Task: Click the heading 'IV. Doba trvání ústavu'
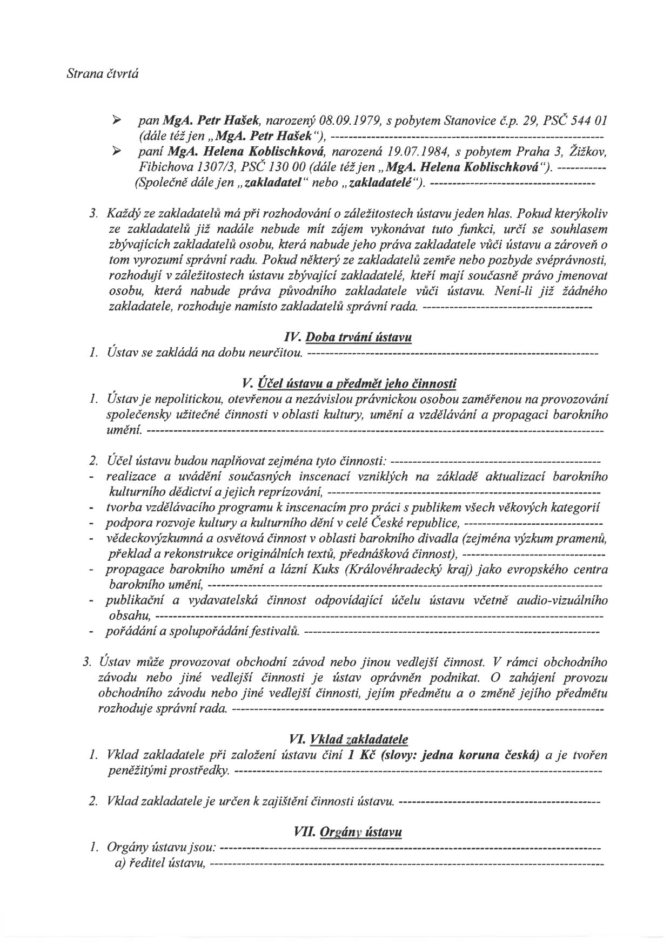347,338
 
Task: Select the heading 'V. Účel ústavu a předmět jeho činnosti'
350,384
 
